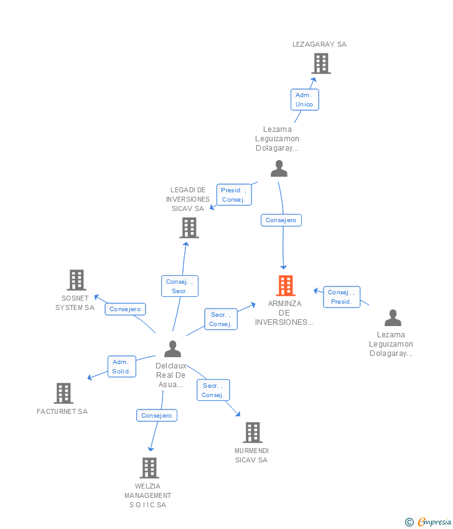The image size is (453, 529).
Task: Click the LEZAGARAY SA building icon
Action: (320, 63)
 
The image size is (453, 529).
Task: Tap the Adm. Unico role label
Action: (304, 100)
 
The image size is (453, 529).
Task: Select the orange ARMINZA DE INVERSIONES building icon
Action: (285, 286)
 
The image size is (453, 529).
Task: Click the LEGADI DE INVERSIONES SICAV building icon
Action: (189, 228)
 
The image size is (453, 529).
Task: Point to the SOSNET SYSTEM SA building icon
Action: (76, 280)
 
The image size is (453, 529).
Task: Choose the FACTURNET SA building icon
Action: (63, 393)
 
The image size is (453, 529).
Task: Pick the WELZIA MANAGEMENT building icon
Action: (149, 467)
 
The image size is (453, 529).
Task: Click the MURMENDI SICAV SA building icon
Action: (252, 432)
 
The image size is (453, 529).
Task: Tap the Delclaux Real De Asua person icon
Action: (172, 349)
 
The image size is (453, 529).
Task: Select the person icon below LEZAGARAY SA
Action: (279, 169)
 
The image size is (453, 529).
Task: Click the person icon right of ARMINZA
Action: (393, 318)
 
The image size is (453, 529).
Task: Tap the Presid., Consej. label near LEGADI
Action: (234, 195)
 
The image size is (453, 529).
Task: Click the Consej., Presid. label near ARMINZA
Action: (341, 297)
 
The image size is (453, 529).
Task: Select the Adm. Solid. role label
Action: (121, 367)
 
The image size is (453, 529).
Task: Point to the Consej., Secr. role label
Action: (180, 286)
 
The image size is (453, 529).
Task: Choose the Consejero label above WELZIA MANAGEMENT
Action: (156, 415)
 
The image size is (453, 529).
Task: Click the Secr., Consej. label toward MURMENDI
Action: (213, 390)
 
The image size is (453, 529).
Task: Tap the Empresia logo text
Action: (434, 522)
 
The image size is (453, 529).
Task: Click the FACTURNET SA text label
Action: (62, 411)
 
